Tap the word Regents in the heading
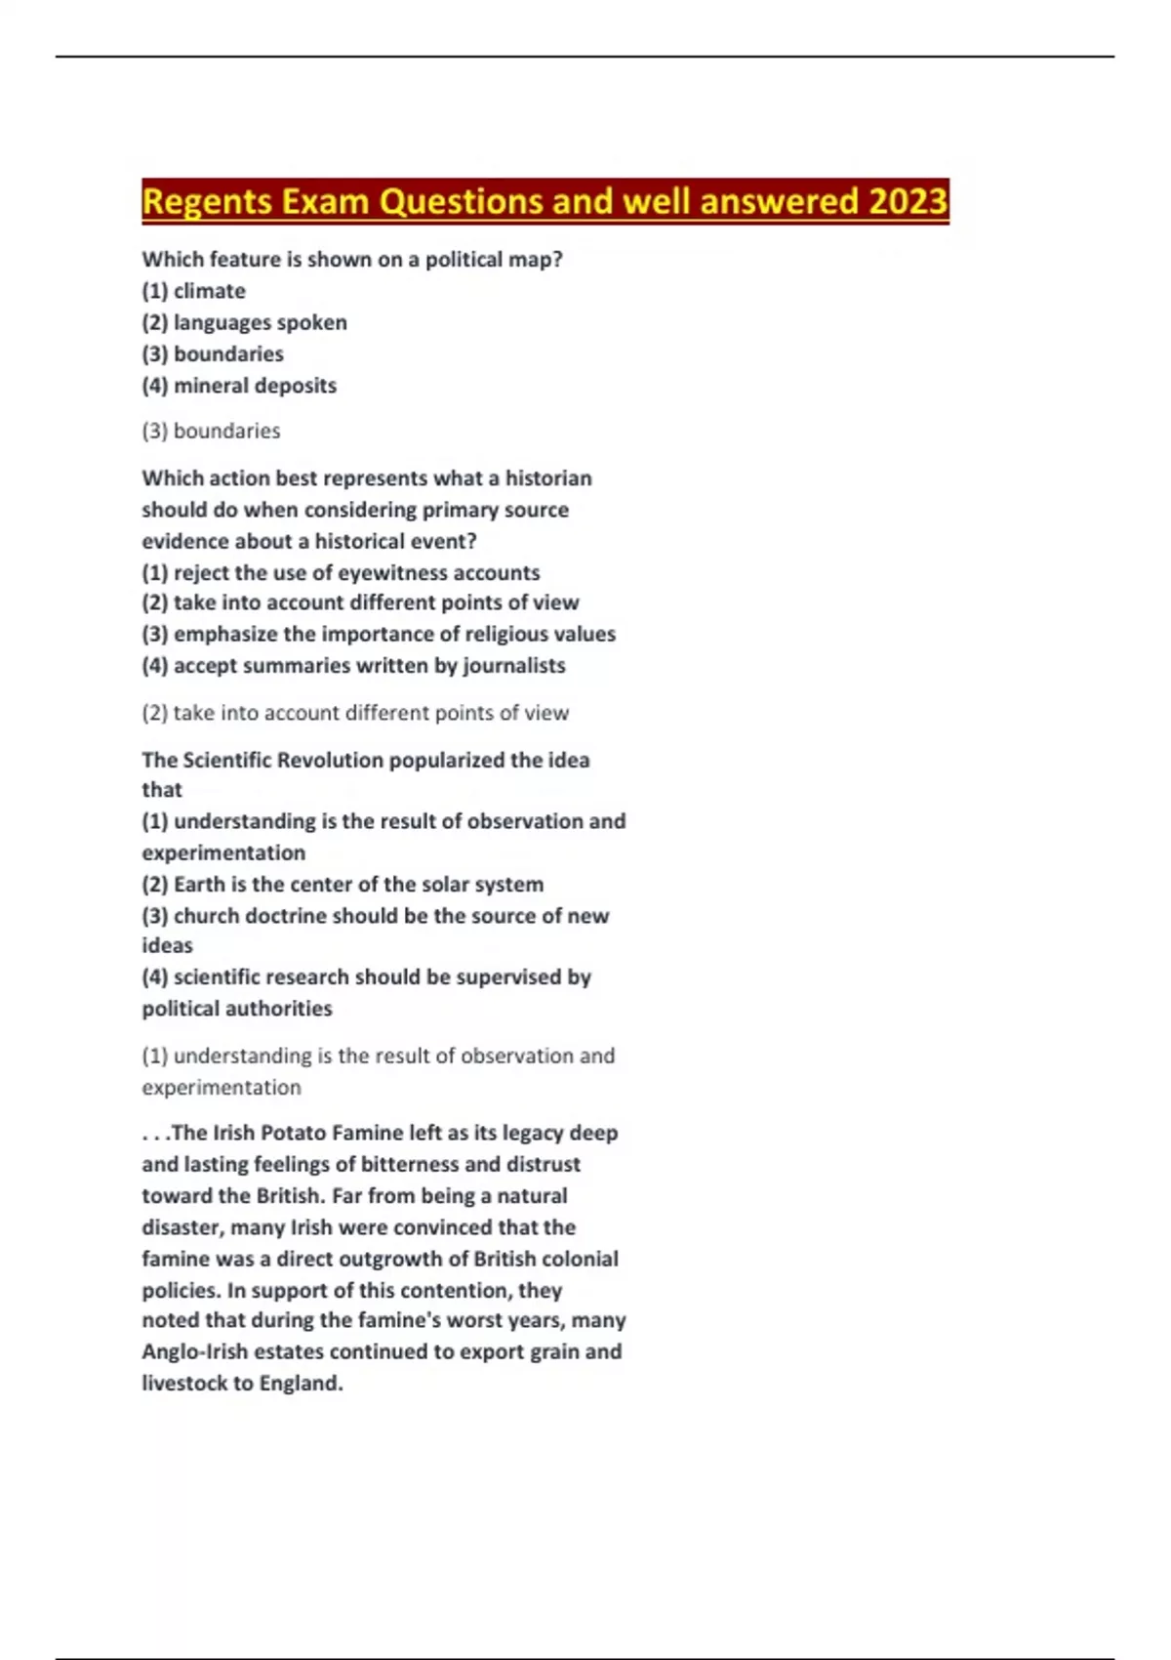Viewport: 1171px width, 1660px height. [x=207, y=201]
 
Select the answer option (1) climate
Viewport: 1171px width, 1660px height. [x=193, y=291]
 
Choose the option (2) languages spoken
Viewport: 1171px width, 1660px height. [x=244, y=322]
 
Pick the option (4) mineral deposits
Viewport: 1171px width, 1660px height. [x=239, y=386]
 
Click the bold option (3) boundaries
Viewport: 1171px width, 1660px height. [x=213, y=353]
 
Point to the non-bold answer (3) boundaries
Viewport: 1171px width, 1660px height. [x=211, y=431]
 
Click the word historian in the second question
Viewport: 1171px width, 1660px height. [x=547, y=478]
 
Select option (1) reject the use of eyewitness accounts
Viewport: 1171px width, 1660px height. [x=341, y=572]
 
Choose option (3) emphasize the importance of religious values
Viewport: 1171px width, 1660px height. [x=379, y=635]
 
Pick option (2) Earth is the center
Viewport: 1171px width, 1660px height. [x=343, y=885]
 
